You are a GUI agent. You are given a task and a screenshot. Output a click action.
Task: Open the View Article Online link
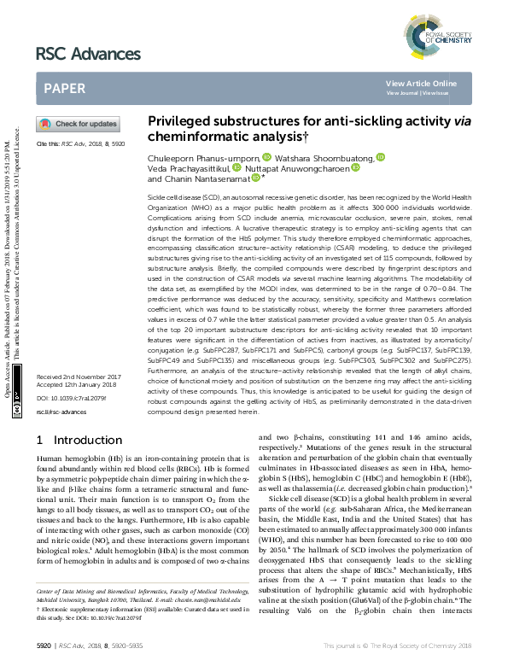click(x=421, y=83)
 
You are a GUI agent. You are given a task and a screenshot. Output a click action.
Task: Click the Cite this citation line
click(x=81, y=145)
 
